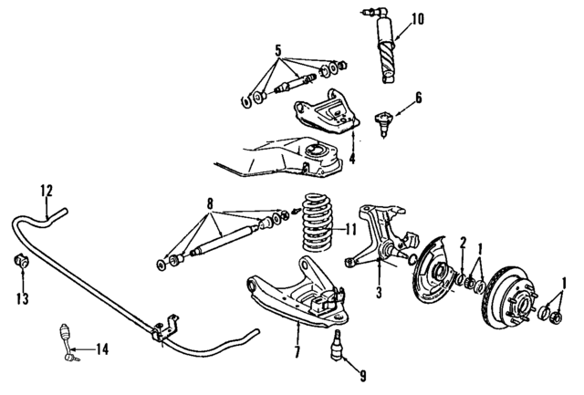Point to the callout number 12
click(47, 190)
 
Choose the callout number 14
click(102, 348)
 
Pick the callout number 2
click(463, 242)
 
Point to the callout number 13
click(21, 297)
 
